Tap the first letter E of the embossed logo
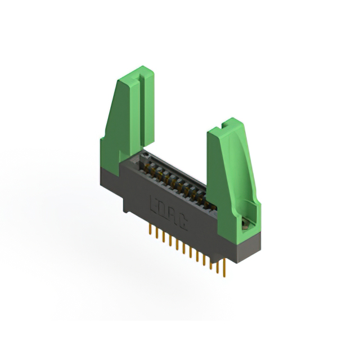click(x=155, y=201)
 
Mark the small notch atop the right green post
click(x=228, y=121)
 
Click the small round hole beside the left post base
click(x=145, y=152)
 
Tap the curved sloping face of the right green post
click(x=247, y=169)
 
